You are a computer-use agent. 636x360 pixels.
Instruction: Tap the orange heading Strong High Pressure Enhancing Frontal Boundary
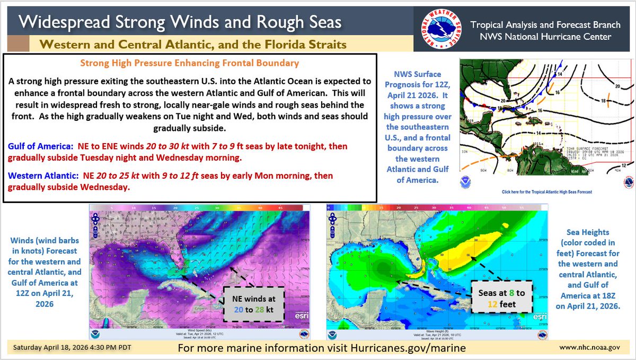[190, 63]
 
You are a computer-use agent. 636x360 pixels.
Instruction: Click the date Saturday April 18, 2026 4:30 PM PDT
[68, 348]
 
